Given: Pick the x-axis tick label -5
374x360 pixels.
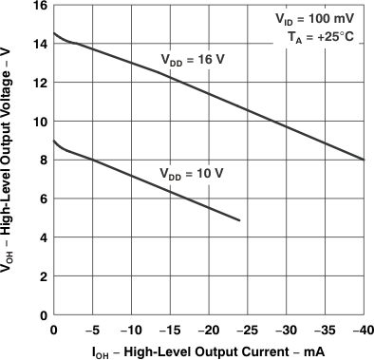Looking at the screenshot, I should point(92,329).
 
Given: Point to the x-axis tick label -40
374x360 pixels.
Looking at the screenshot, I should point(362,329).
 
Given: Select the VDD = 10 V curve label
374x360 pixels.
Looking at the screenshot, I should point(191,173).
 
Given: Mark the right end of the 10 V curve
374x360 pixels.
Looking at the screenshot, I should point(240,220).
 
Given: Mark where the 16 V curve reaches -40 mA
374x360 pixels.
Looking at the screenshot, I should point(365,160).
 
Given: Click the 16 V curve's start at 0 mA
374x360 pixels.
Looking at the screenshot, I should point(53,33).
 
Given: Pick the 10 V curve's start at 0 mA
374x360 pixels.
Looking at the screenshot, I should point(53,141).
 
